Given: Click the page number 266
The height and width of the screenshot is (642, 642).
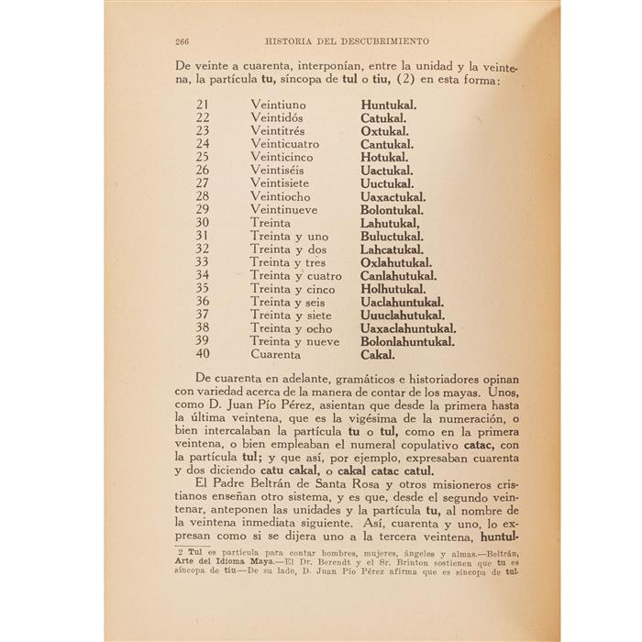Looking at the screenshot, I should tap(181, 41).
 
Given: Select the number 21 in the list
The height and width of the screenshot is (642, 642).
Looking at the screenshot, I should tap(203, 105).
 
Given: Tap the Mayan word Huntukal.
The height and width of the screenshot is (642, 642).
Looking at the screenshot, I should tap(389, 105).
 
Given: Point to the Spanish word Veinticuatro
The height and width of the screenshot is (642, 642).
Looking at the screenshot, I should tap(285, 144).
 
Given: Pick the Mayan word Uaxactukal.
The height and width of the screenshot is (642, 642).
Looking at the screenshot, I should tap(393, 196).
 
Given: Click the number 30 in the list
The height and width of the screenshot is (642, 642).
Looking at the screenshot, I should tap(203, 223).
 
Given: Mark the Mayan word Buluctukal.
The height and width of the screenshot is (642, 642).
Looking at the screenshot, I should tap(392, 236).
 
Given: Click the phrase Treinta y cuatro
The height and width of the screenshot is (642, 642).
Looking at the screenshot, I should tap(295, 275).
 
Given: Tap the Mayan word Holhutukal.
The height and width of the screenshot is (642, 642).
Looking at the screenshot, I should tap(395, 289).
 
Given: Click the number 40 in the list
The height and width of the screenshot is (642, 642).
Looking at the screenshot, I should tap(203, 354).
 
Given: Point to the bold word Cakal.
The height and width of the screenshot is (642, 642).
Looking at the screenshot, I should tap(378, 354).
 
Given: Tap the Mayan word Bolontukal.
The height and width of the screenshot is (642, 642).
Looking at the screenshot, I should tap(391, 210).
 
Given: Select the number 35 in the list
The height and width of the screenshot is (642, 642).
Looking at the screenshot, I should tap(203, 289).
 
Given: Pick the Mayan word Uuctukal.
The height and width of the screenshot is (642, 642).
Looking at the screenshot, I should tap(387, 183).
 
